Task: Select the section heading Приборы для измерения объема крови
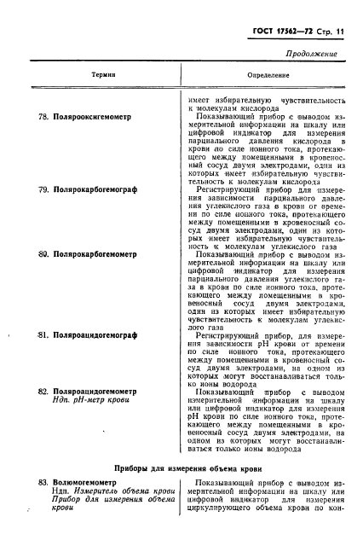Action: pyautogui.click(x=181, y=467)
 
